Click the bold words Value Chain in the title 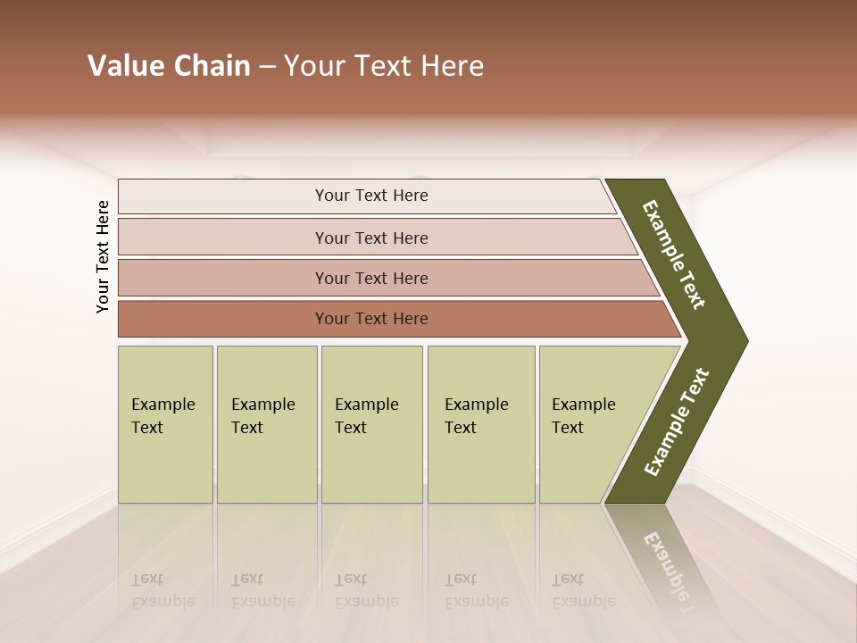click(169, 66)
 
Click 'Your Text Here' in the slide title click(384, 66)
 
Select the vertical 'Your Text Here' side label click(103, 256)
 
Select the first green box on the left click(165, 424)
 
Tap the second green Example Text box click(266, 424)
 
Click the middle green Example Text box click(371, 424)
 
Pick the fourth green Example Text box click(480, 424)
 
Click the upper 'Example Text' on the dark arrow click(674, 255)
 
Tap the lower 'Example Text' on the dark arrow click(677, 422)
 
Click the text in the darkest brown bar click(371, 319)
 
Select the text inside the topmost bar click(371, 196)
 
